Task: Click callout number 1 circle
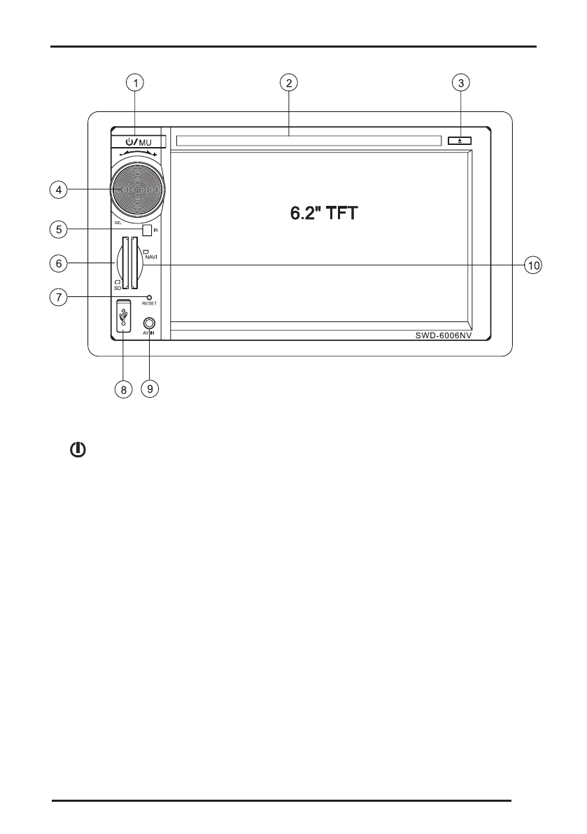[135, 83]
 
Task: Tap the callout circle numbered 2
[288, 83]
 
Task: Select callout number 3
[460, 83]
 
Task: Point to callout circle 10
[533, 265]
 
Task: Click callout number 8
[123, 389]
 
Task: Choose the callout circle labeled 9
[150, 389]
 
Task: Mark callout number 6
[59, 263]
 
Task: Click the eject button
[460, 141]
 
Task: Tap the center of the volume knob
[137, 189]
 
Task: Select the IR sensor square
[147, 230]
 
